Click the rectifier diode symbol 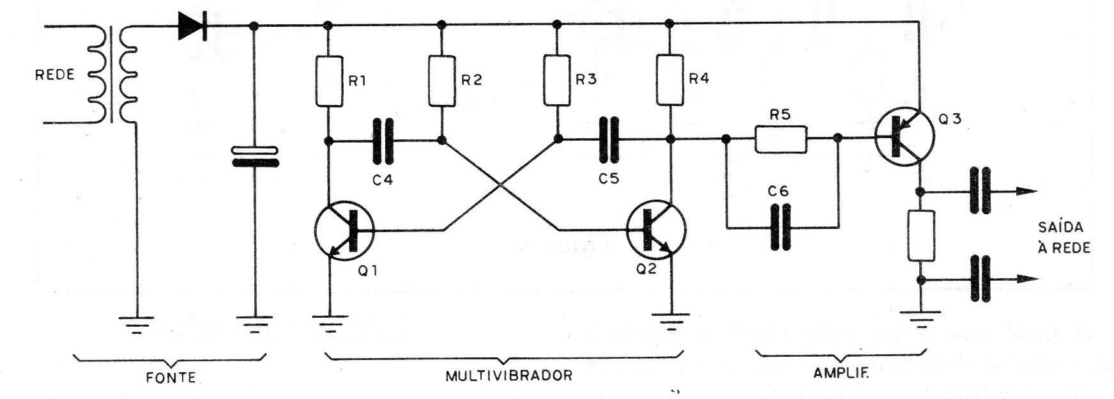tap(192, 26)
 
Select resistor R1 tap(328, 81)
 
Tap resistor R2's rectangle tap(440, 81)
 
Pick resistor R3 tap(556, 81)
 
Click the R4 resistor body tap(669, 81)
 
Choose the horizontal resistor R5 tap(782, 139)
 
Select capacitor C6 tap(781, 226)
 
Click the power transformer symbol tap(115, 74)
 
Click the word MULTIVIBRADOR tap(508, 375)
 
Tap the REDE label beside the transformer tap(56, 75)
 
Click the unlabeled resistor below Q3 tap(921, 235)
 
